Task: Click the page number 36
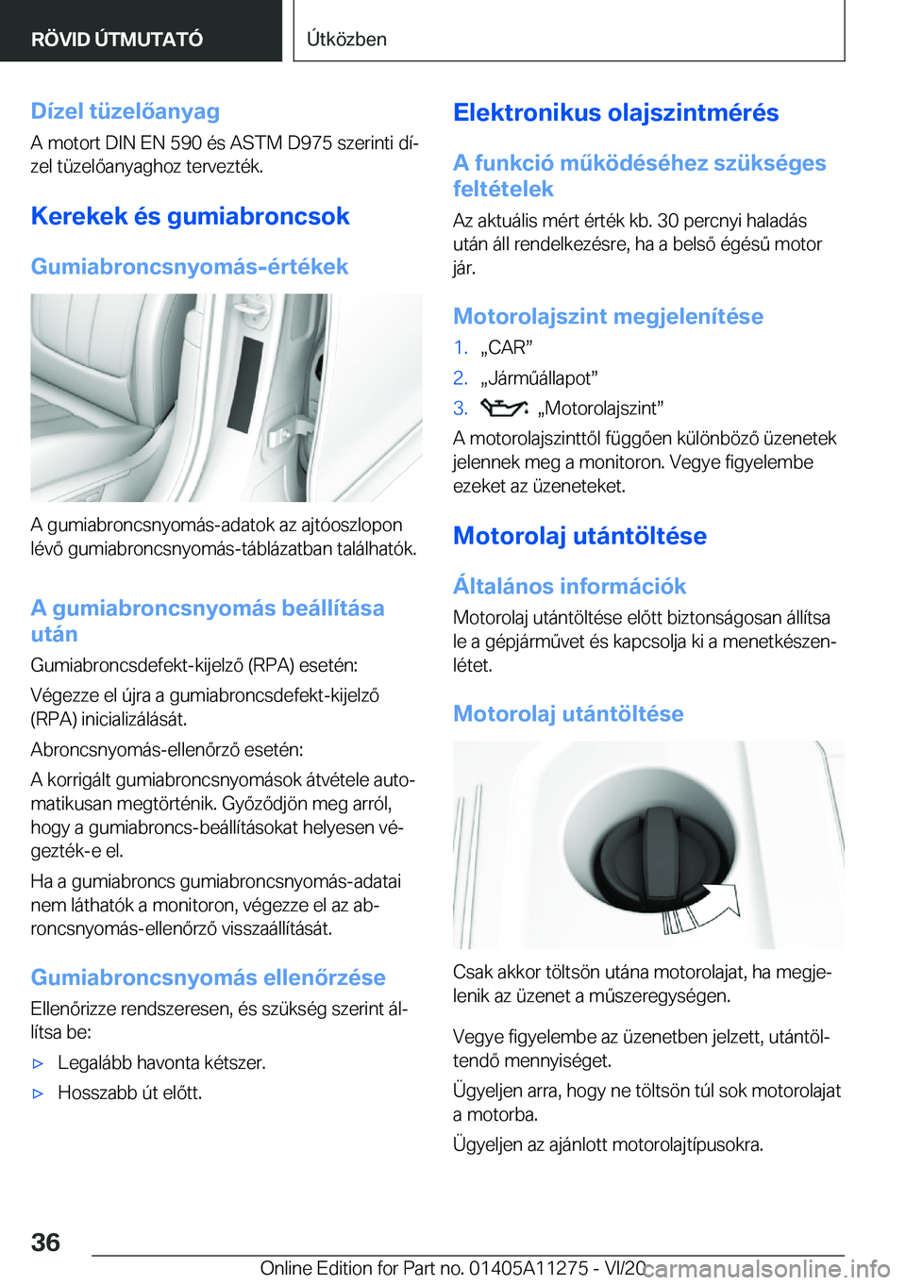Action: pyautogui.click(x=45, y=1242)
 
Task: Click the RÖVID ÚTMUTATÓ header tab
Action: pyautogui.click(x=117, y=39)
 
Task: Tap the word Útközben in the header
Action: pyautogui.click(x=346, y=39)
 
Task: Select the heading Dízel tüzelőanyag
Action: pyautogui.click(x=125, y=111)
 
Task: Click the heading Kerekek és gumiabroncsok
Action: pyautogui.click(x=190, y=216)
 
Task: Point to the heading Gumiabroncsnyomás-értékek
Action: pyautogui.click(x=189, y=267)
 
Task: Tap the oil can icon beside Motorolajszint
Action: pyautogui.click(x=503, y=408)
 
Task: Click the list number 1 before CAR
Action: pyautogui.click(x=460, y=347)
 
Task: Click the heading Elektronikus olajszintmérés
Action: pyautogui.click(x=615, y=113)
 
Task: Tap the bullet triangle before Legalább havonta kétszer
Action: pyautogui.click(x=39, y=1063)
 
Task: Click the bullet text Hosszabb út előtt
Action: pyautogui.click(x=130, y=1093)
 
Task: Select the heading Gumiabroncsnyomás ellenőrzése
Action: pyautogui.click(x=208, y=977)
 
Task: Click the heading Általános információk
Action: pyautogui.click(x=569, y=586)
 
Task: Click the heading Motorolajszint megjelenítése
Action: pyautogui.click(x=608, y=316)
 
